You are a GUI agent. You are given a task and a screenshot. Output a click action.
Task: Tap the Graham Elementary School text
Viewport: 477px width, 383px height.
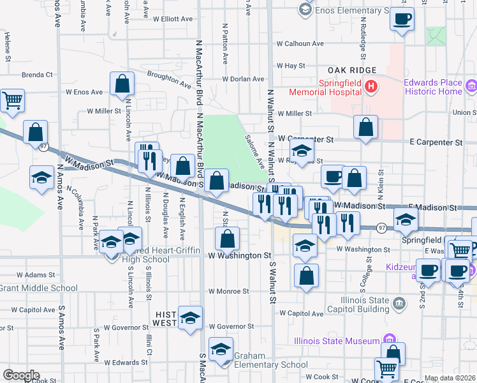[263, 361]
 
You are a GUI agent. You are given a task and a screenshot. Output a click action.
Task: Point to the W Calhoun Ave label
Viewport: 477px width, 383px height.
[300, 43]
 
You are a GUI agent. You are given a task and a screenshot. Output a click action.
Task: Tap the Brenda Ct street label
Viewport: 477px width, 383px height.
[36, 75]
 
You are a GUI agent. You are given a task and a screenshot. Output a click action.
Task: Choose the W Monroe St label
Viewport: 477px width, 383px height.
[228, 291]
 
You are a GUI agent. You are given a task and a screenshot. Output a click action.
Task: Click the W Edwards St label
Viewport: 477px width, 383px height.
[127, 363]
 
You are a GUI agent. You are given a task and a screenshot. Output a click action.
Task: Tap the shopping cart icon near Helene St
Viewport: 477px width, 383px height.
[12, 100]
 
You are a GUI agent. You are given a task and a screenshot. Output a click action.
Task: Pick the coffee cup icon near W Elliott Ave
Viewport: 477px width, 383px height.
[401, 19]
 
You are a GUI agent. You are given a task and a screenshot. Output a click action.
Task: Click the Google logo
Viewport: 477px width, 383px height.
[21, 375]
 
